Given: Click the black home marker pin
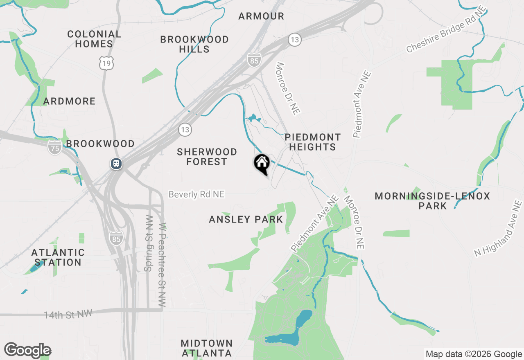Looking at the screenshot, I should (262, 164).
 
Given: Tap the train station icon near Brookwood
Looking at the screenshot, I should (116, 164).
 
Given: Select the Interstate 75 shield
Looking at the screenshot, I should (55, 147).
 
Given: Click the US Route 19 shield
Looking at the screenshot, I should (106, 63).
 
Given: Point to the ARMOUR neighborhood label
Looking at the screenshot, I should (261, 16).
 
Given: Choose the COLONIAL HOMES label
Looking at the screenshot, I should (94, 39).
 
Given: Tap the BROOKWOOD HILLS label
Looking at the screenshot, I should (194, 44).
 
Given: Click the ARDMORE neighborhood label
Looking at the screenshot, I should (69, 101).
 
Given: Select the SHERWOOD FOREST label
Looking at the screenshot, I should (207, 157).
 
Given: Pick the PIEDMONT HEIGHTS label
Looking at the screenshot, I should (313, 142).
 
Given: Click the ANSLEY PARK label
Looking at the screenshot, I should (246, 219).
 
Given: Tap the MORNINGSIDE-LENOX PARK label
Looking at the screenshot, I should (432, 201).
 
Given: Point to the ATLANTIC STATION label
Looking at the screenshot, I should (58, 257).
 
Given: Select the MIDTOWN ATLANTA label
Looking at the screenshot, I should (207, 348).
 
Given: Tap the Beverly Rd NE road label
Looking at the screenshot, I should (196, 194).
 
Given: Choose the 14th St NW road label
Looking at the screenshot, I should (68, 314).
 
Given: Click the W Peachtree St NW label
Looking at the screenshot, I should (163, 265).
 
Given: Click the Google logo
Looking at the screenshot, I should (27, 350).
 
